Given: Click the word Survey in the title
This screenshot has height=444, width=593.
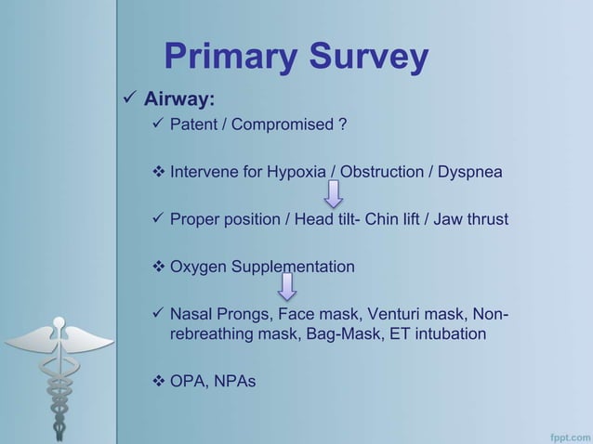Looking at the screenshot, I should coord(365,58).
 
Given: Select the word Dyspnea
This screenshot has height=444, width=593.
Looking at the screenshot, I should coord(472,172).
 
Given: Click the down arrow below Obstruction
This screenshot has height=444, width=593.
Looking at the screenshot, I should coord(333,194).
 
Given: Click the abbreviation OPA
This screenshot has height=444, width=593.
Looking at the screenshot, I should coord(187,380).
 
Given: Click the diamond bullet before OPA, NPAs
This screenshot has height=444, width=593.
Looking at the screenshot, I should coord(157,380).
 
